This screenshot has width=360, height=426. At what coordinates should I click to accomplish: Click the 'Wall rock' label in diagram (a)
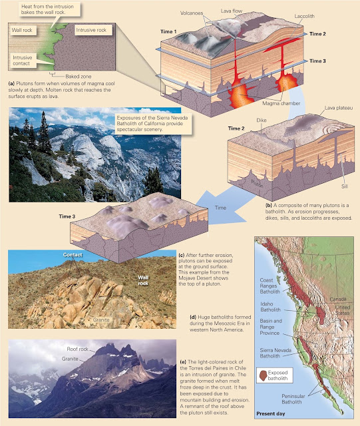(x=22, y=30)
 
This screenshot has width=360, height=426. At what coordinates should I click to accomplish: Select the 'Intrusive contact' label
(x=22, y=61)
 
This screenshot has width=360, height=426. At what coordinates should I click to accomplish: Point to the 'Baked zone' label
(x=79, y=77)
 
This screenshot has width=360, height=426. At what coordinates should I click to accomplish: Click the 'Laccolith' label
(x=304, y=16)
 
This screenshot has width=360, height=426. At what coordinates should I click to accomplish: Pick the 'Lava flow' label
(x=231, y=11)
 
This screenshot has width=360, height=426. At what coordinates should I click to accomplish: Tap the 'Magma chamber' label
(x=281, y=103)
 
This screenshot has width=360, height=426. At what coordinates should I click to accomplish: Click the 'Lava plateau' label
(x=339, y=108)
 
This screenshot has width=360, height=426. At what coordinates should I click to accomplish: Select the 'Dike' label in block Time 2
(x=262, y=120)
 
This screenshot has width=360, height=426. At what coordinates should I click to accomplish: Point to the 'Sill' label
(x=345, y=186)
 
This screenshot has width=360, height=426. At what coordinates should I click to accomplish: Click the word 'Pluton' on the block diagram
(x=257, y=184)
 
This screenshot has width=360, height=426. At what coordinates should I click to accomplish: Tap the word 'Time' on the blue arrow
(x=220, y=208)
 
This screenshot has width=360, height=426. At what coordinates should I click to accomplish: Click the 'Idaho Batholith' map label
(x=270, y=307)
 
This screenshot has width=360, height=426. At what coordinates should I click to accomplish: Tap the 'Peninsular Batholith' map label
(x=293, y=399)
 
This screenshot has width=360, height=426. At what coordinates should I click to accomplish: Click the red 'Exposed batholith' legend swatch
(x=263, y=375)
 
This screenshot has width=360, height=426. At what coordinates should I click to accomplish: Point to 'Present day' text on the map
(x=271, y=413)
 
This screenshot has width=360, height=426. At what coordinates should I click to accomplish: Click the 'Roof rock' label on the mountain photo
(x=77, y=349)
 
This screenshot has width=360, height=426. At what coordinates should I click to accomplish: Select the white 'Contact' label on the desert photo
(x=73, y=254)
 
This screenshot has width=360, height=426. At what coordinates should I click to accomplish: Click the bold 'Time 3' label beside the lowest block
(x=67, y=216)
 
